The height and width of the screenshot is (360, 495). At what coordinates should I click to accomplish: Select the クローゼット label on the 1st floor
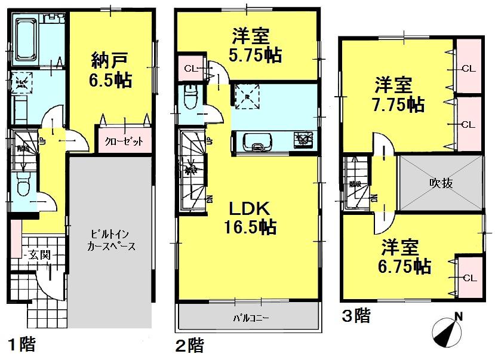124,141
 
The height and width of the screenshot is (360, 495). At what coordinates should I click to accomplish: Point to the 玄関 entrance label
38,254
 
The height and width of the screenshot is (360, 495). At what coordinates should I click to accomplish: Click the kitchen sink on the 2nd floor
256,143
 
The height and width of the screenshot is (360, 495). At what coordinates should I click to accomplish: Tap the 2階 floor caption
190,344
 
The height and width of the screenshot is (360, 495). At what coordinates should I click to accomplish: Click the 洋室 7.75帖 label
399,94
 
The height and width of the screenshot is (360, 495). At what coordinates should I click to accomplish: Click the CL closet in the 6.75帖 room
469,278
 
